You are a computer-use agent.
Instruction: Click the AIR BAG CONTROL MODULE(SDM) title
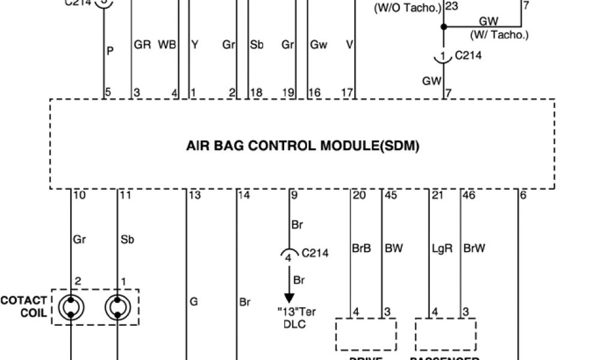tap(303, 146)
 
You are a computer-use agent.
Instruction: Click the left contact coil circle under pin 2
tap(71, 307)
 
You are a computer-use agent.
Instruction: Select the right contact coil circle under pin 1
tap(117, 307)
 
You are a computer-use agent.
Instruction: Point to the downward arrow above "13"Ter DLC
tap(290, 296)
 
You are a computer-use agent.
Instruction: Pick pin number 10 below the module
tap(79, 195)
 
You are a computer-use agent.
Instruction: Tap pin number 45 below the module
tap(390, 195)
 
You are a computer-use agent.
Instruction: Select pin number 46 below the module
tap(470, 195)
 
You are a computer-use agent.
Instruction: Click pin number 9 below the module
tap(294, 195)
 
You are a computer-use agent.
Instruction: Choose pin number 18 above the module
tap(256, 92)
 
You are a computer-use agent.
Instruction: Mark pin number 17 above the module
tap(347, 92)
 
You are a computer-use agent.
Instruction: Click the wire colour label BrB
tap(361, 248)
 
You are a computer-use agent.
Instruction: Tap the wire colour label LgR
tap(441, 248)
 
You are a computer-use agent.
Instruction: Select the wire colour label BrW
tap(474, 248)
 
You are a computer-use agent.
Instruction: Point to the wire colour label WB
tap(166, 45)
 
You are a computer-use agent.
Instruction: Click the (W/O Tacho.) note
tap(408, 8)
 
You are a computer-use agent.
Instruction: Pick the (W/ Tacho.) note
tap(499, 35)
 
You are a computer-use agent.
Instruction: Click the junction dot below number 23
tap(444, 26)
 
